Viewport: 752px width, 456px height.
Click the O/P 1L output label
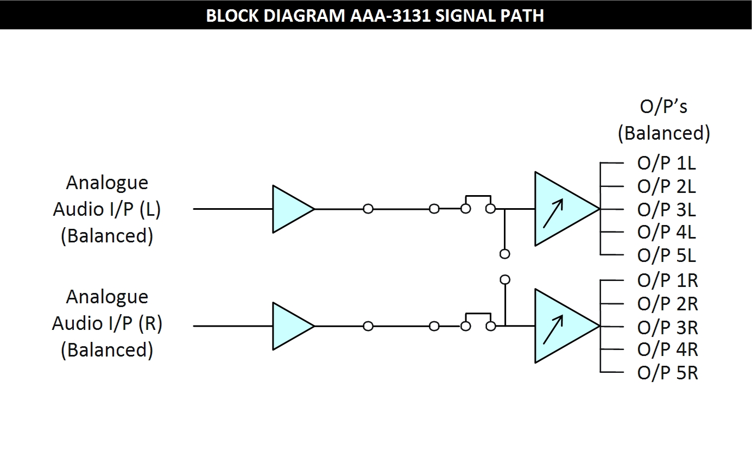(x=666, y=163)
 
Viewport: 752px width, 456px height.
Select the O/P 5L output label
(x=666, y=255)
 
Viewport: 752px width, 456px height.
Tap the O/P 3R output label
(x=667, y=327)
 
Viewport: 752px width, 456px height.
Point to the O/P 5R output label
(x=667, y=373)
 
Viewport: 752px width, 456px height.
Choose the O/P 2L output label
(x=666, y=186)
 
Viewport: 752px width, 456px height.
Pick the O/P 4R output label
(x=667, y=349)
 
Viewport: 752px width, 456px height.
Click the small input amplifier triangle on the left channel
(x=290, y=209)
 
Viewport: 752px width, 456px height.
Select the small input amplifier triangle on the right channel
(x=290, y=326)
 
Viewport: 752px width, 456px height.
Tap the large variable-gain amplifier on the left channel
(x=562, y=209)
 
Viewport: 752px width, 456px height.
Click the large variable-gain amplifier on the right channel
(x=562, y=326)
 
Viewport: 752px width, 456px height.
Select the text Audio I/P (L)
(x=107, y=209)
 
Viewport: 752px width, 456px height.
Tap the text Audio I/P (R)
(x=107, y=323)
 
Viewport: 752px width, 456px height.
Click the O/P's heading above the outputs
(x=663, y=107)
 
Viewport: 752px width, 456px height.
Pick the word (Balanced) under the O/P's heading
(x=663, y=133)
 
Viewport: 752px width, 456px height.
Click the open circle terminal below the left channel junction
(x=505, y=254)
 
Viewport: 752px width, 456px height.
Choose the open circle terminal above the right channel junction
(x=505, y=280)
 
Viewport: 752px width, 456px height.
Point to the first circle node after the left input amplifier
(x=368, y=209)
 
